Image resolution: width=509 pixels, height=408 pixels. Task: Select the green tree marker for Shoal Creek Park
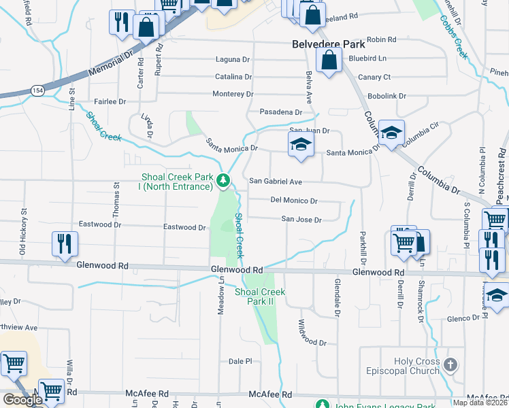223,181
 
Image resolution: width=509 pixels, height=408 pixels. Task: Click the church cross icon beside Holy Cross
449,366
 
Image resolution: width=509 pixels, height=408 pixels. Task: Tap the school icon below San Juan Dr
301,145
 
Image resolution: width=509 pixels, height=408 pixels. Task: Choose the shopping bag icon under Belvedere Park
329,61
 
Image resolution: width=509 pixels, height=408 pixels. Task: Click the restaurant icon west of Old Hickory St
65,244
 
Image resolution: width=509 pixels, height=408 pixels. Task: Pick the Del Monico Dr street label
294,201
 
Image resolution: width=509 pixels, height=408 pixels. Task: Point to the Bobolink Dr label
387,96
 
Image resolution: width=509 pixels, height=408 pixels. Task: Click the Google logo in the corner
22,400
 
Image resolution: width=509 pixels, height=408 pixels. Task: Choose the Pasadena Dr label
280,112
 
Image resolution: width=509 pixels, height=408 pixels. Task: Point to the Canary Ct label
374,78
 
